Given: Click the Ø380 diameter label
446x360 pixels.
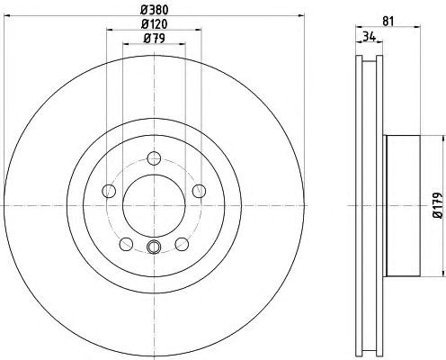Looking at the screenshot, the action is (x=155, y=10).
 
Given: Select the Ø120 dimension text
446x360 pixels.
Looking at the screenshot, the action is (x=155, y=24).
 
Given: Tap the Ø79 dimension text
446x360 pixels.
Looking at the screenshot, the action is (x=155, y=39).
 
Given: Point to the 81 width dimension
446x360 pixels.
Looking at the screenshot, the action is (x=388, y=22).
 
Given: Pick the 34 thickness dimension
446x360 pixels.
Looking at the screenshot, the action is (x=370, y=37).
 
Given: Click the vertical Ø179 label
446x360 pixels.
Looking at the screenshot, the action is (x=438, y=205).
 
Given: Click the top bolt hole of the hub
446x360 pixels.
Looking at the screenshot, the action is (x=155, y=158).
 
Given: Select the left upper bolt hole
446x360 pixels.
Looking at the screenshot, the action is (x=109, y=191).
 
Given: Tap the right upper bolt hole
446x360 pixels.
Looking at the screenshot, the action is (x=200, y=191).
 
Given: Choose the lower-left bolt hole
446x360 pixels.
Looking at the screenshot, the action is (x=126, y=244).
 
